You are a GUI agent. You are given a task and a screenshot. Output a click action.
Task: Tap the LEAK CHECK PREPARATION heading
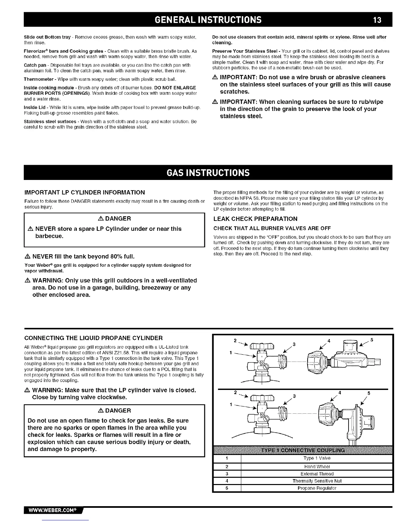coord(255,219)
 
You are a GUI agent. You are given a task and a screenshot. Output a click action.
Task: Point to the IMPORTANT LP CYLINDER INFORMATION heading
coord(85,192)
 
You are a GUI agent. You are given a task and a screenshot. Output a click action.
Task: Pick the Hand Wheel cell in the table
coord(317,467)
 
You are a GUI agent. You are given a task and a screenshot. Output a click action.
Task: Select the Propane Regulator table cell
coord(317,488)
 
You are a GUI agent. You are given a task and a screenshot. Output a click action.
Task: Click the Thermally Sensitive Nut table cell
coord(317,481)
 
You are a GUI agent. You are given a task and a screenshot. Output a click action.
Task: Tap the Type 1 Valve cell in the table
coord(317,458)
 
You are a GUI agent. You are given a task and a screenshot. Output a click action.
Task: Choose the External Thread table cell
coord(317,474)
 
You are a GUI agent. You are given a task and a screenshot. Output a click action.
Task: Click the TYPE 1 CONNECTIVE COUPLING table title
coord(303,450)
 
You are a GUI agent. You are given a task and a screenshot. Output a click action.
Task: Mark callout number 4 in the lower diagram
coord(340,392)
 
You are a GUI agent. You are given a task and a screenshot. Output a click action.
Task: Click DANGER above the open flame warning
coord(115,410)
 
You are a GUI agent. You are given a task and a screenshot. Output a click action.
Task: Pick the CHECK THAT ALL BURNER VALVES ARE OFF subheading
coord(272,228)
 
